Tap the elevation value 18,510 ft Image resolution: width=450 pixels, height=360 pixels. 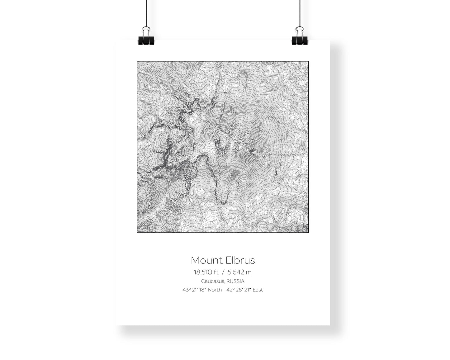coord(206,272)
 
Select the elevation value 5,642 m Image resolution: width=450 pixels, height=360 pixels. coord(239,272)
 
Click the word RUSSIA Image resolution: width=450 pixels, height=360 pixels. coord(235,281)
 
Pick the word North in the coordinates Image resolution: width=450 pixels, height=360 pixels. coord(215,290)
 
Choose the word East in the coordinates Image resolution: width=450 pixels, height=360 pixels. coord(258,290)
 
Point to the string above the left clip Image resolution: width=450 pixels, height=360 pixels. coord(146,12)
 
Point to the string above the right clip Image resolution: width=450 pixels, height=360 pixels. coord(300,12)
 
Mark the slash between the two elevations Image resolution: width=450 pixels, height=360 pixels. coord(223,272)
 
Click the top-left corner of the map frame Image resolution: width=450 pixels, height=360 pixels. coord(137,61)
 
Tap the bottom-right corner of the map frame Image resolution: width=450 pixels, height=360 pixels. coord(308,232)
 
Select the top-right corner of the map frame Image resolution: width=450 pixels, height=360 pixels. coord(308,61)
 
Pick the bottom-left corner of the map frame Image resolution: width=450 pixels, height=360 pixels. coord(137,232)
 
